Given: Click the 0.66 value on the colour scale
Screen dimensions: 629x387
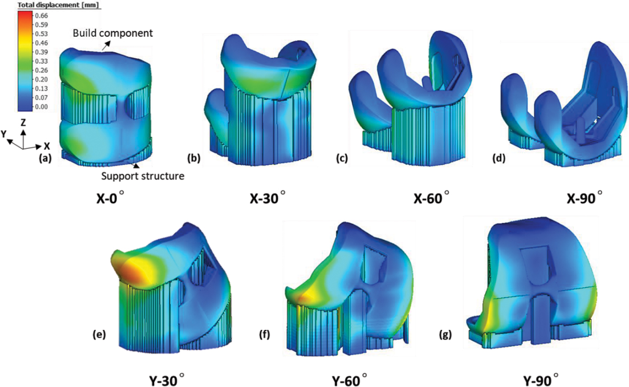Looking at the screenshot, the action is point(41,16).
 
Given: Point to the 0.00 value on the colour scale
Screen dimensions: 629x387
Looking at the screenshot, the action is point(41,107).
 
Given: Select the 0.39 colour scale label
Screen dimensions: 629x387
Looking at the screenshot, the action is point(41,52).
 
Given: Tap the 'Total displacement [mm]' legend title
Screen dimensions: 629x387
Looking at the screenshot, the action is point(58,5).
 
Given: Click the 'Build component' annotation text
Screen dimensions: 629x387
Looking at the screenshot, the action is point(113,33).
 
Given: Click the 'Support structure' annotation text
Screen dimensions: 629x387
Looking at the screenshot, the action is point(143,176).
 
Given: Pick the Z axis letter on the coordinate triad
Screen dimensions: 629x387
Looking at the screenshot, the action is point(23,123).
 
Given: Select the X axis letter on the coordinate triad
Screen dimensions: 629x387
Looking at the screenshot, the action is point(47,146).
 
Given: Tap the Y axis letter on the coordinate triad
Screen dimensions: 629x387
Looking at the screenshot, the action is point(4,135).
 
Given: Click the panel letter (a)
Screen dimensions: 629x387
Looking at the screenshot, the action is point(45,159).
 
